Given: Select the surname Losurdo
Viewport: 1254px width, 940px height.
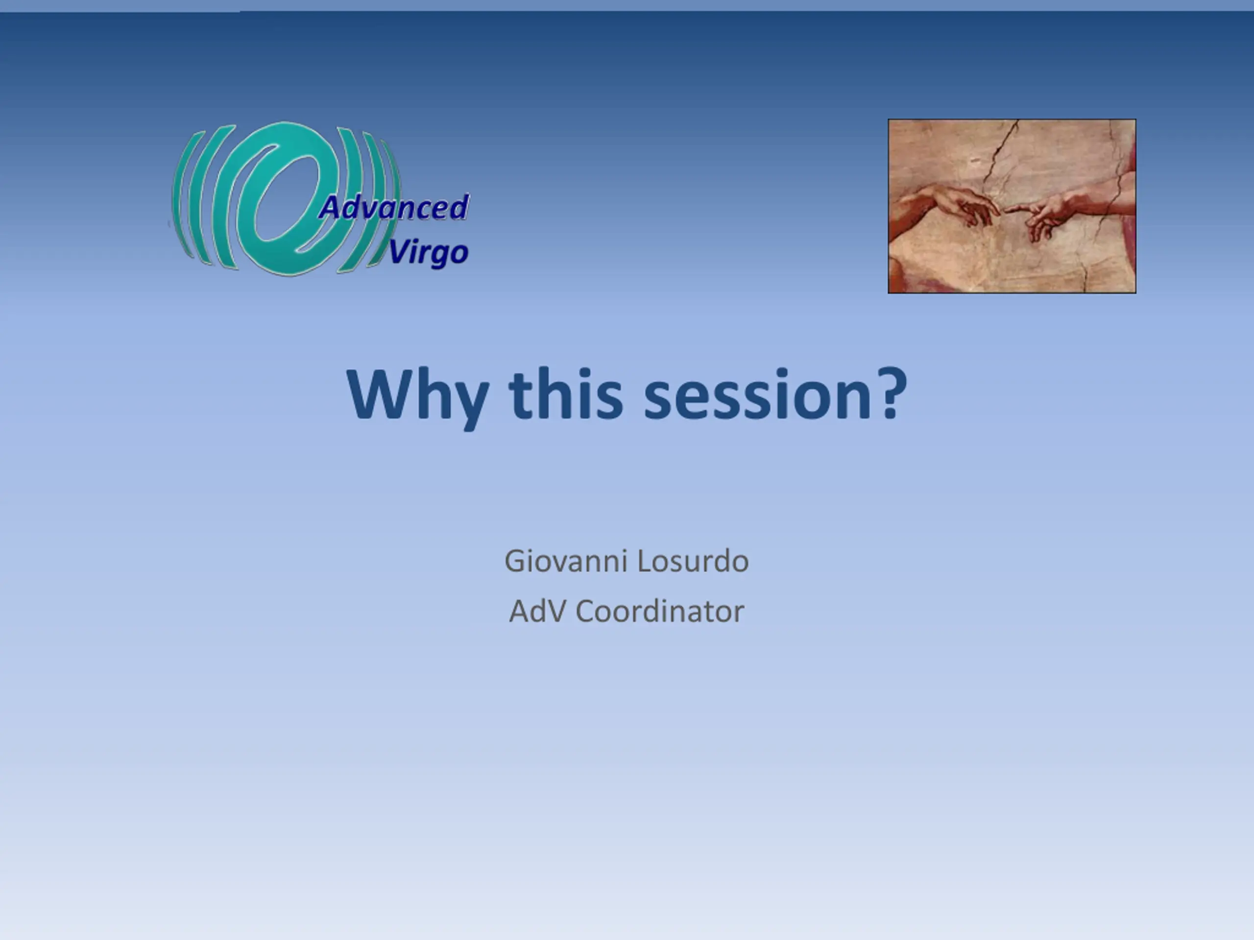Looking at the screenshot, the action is [693, 561].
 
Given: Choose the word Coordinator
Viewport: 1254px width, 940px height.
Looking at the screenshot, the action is [660, 611].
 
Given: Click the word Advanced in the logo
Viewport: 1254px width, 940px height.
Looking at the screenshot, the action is [394, 207].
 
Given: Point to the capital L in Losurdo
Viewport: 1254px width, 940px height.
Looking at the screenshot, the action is [646, 561].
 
